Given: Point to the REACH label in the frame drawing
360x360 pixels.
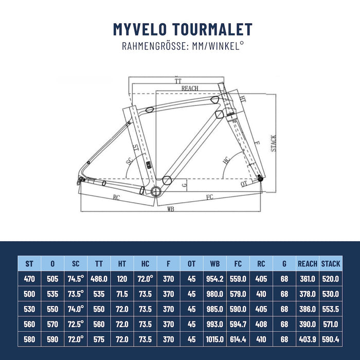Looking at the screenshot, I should [x=189, y=88].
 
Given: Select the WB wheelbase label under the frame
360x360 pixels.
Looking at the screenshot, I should [x=170, y=209].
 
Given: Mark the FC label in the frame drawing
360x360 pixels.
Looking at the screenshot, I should [x=210, y=197].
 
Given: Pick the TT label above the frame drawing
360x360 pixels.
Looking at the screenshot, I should [x=178, y=81].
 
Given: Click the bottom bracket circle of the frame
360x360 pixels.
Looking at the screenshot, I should [x=157, y=191].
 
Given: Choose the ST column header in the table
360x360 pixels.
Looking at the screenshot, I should [x=30, y=264].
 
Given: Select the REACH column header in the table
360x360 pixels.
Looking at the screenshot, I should [x=308, y=264].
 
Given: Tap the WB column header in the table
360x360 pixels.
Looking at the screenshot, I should [x=214, y=264].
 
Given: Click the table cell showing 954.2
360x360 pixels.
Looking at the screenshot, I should [x=214, y=279].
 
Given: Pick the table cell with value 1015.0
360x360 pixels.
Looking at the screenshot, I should [x=214, y=339].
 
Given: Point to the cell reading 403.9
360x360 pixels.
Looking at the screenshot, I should [x=308, y=339].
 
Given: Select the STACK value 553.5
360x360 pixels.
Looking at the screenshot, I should [x=330, y=309].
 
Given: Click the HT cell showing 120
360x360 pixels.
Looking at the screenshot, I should [x=122, y=279].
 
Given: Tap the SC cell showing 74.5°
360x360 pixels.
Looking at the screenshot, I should [x=76, y=279].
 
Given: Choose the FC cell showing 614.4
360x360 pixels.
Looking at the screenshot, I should [x=238, y=339].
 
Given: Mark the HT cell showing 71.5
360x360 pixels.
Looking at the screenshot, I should [x=122, y=294].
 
